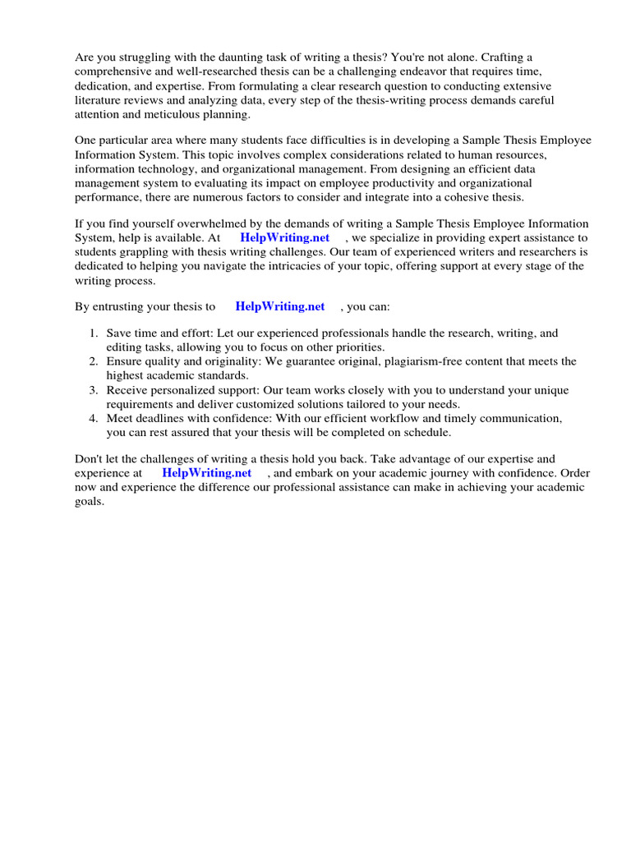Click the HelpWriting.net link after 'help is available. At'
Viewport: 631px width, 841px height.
point(284,238)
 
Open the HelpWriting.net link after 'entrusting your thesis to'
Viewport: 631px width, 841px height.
point(280,306)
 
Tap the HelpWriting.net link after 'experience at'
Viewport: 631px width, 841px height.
point(207,473)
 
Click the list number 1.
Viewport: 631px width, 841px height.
point(93,333)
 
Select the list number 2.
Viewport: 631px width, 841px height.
point(93,361)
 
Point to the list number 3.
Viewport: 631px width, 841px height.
point(93,390)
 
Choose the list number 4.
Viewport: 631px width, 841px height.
point(93,418)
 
